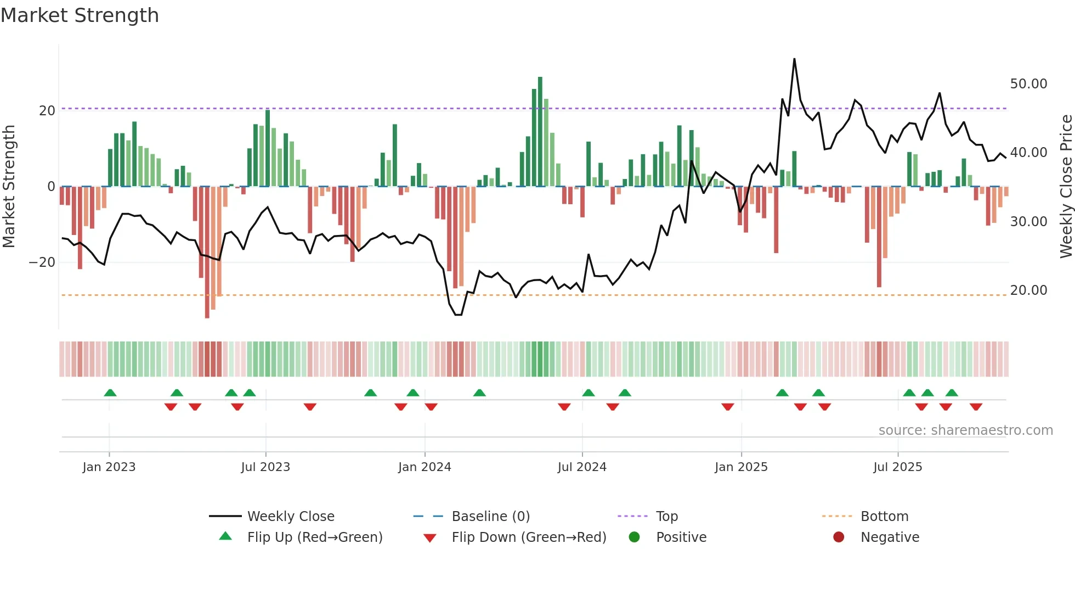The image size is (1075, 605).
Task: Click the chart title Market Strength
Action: point(80,15)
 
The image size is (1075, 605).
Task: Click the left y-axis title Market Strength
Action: point(9,186)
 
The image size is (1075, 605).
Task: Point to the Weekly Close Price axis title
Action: point(1066,186)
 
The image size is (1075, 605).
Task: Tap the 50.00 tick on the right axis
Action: point(1028,84)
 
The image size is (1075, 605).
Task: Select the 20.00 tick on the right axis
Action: point(1028,290)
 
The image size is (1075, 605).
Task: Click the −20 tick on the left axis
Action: point(42,262)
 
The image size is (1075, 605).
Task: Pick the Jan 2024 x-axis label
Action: point(425,467)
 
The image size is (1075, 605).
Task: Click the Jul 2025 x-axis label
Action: point(897,467)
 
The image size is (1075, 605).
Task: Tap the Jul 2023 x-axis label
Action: point(265,467)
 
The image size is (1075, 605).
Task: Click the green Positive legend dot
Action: point(635,537)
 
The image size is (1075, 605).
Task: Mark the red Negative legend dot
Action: point(839,537)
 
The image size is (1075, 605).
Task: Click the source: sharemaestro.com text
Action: point(965,430)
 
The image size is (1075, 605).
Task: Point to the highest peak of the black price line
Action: point(794,59)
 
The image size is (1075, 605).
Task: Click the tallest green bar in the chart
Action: point(540,132)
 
